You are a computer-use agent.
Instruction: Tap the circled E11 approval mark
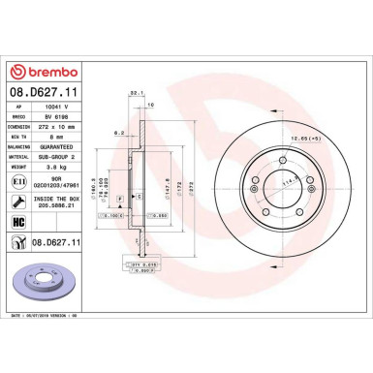click(x=20, y=180)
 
